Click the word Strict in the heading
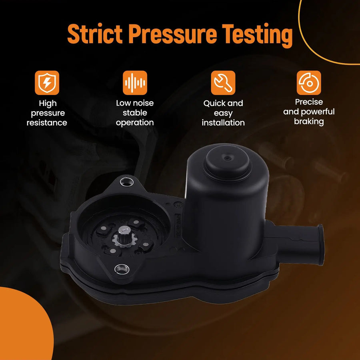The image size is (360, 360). point(95,34)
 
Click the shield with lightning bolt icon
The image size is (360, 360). point(47,83)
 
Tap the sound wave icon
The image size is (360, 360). point(135,83)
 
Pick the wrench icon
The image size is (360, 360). point(223,83)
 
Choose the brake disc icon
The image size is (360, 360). point(309,83)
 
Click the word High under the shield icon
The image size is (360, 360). point(48,104)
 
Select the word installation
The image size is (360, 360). point(223,123)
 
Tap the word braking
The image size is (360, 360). point(309,122)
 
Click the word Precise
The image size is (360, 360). point(309,102)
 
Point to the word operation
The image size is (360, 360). point(135,123)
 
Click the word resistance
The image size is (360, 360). point(47,123)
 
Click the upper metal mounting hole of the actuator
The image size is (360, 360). point(127,182)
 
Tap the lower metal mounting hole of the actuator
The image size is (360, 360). point(122,269)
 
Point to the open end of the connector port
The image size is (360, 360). point(320,244)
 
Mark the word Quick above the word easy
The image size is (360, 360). point(212,104)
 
